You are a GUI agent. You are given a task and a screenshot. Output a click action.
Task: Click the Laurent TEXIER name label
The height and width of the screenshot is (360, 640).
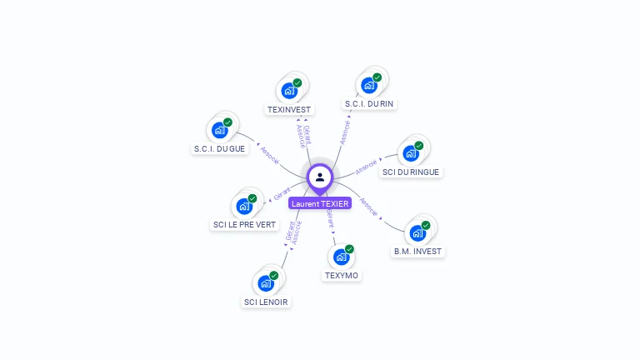coord(320,203)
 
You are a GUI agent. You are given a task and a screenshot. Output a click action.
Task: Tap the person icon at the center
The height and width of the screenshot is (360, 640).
coord(320,177)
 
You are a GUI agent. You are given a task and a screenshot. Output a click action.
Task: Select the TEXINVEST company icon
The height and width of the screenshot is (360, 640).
coord(289,90)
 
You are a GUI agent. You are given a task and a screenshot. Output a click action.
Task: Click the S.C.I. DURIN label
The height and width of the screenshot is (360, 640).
coord(369,104)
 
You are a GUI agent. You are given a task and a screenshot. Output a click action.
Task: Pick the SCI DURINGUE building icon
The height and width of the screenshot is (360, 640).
coord(411,153)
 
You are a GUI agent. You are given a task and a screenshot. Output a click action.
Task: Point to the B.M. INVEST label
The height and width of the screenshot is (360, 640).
coord(418,251)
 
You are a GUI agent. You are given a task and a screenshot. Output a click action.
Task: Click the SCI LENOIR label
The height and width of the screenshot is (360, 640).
coord(267,302)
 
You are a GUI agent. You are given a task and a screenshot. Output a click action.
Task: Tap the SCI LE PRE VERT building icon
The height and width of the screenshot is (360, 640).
coord(244,206)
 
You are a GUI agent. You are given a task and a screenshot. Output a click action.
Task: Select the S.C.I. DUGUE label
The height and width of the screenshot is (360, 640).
coord(219,148)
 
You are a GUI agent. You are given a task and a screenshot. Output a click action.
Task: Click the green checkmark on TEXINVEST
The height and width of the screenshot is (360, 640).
coord(297,82)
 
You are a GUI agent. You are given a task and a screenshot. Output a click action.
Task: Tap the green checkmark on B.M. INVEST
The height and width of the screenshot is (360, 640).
coord(426,225)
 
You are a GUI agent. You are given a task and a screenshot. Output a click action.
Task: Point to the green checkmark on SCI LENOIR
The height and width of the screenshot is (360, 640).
coord(274,276)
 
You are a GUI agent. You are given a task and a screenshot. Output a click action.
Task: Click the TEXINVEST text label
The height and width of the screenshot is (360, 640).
coord(289,109)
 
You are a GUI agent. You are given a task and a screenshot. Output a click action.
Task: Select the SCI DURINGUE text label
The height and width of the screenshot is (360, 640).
coord(410,172)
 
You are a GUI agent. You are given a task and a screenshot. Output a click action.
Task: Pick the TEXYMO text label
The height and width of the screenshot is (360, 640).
coord(341,275)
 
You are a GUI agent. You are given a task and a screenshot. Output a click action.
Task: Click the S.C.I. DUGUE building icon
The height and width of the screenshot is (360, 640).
coord(219,130)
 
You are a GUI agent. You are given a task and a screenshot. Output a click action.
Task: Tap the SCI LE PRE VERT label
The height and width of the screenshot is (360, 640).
coord(244,224)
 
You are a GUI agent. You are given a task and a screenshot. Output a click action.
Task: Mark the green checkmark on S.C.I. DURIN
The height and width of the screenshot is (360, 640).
coord(377,77)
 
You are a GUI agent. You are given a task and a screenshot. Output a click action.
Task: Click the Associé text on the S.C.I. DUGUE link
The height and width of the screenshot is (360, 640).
coord(269,155)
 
